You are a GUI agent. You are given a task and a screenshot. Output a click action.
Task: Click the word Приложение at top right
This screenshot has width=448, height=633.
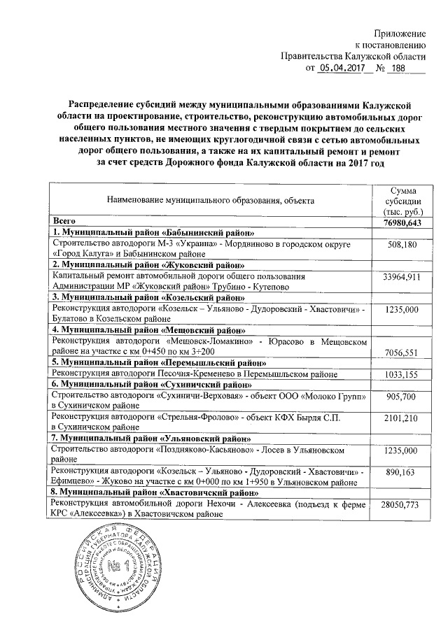(401, 34)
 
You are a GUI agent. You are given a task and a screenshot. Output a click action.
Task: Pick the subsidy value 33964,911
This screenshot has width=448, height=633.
(401, 278)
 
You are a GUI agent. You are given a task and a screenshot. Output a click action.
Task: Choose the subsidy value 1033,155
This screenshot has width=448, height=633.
(401, 375)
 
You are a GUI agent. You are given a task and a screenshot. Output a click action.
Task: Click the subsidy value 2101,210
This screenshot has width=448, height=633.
(401, 418)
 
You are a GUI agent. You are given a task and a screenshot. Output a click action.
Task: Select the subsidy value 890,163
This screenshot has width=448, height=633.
(401, 474)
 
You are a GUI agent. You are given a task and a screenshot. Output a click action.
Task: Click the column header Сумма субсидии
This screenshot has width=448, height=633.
(401, 201)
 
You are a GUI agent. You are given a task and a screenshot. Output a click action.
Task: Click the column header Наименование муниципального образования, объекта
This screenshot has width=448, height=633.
(210, 201)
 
